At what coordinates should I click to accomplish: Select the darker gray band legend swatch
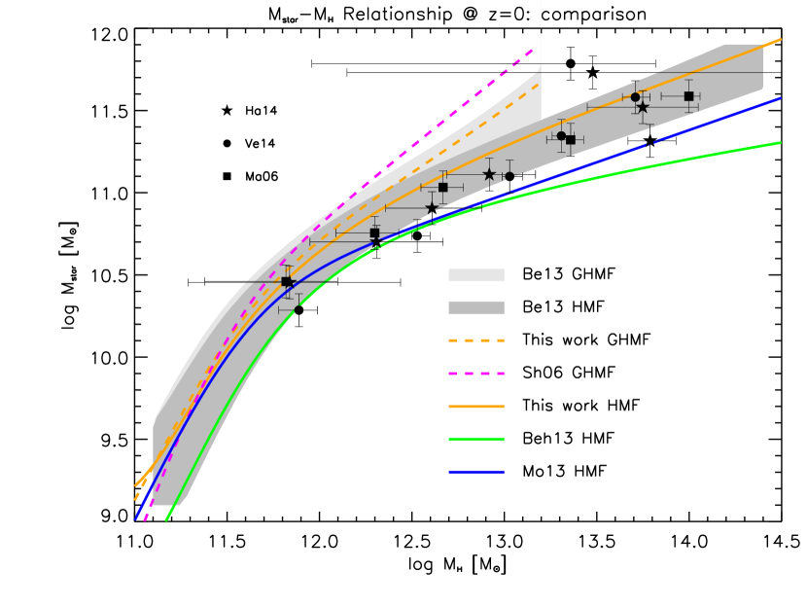[476, 307]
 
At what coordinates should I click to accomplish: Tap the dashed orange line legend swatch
[476, 340]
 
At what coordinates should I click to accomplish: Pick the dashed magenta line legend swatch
[476, 374]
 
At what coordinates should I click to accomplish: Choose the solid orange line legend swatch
[476, 407]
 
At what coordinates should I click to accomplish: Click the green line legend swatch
[476, 439]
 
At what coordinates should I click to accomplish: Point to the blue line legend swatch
[476, 472]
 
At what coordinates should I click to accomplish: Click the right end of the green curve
[780, 143]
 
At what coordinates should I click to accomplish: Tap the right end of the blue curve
[780, 98]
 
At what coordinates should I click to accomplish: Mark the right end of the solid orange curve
[780, 40]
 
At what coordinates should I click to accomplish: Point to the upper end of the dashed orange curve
[540, 84]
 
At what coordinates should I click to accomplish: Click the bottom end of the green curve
[166, 519]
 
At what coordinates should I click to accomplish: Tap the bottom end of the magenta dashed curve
[145, 520]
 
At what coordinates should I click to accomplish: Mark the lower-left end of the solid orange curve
[135, 485]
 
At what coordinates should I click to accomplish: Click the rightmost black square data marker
[688, 96]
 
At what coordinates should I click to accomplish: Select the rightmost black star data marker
[643, 107]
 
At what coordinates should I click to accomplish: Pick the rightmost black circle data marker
[635, 97]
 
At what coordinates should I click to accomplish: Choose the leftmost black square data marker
[286, 281]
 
